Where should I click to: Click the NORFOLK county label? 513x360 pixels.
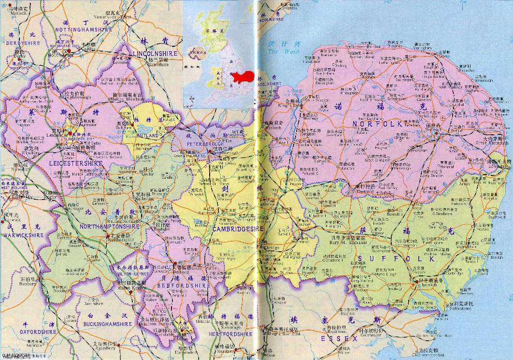click(x=378, y=125)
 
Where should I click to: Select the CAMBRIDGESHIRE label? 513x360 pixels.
click(x=238, y=229)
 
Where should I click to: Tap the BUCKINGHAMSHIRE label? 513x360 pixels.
click(x=96, y=322)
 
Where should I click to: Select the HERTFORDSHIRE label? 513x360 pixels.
click(x=230, y=334)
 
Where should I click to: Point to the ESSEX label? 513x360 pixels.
click(x=339, y=339)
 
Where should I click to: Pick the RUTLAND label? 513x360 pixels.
click(x=147, y=137)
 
